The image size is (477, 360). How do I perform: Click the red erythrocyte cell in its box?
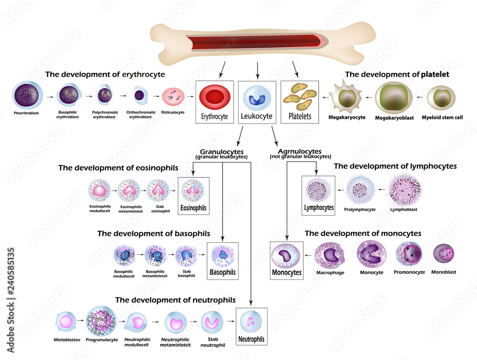click(215, 98)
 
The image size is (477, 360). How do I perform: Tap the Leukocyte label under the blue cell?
click(257, 116)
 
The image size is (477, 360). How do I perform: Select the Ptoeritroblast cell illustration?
click(29, 95)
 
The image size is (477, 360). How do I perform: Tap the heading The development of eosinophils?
click(118, 168)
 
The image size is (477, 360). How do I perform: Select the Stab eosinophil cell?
click(158, 191)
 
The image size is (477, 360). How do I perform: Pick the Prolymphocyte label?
click(360, 209)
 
